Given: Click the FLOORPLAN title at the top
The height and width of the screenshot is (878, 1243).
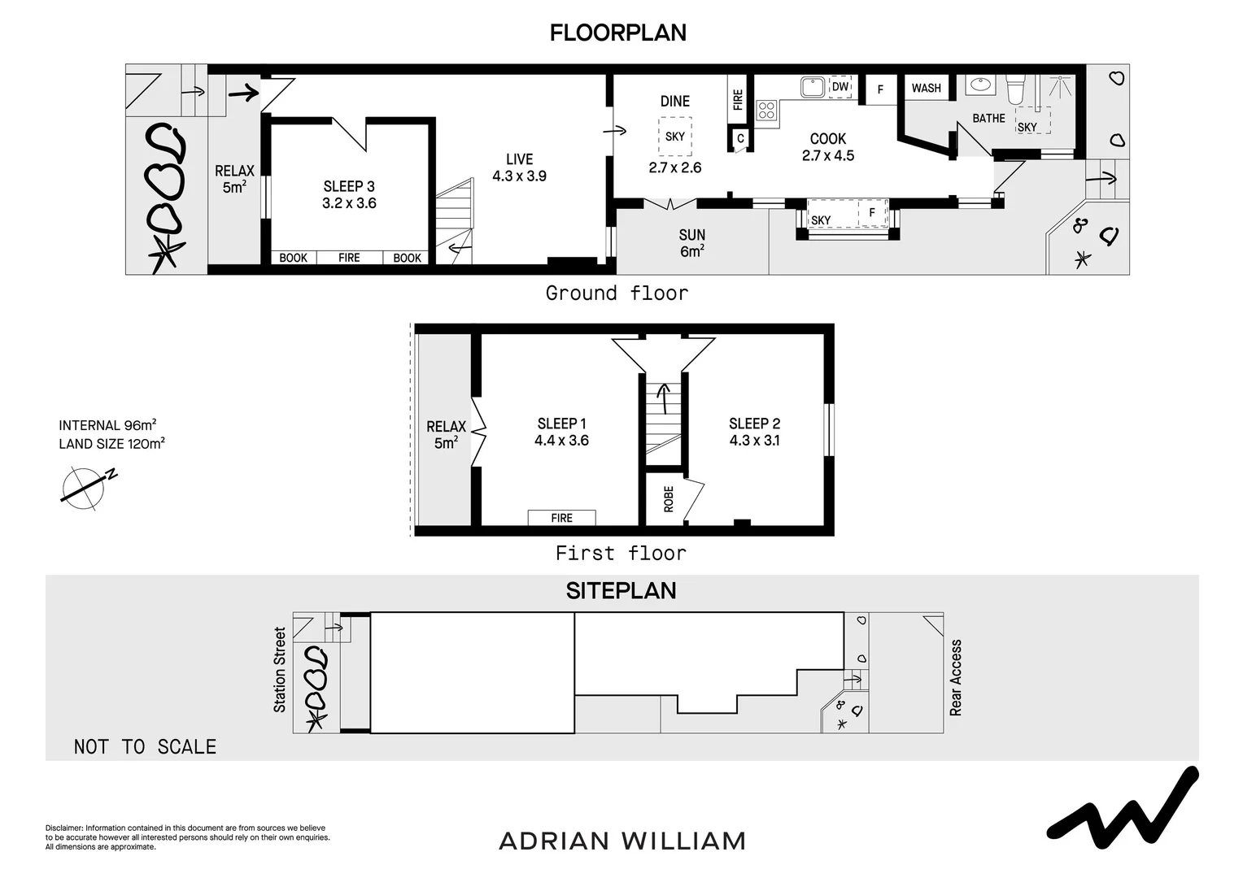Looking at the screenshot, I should pos(617,33).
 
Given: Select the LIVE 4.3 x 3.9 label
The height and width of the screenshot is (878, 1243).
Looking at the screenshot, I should pos(519,167).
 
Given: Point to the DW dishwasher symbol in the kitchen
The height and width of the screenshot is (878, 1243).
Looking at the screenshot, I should pos(840,87).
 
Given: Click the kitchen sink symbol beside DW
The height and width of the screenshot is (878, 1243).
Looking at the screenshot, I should pos(811,86).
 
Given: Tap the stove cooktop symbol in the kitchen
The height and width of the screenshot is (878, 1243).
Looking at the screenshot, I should pos(766,111).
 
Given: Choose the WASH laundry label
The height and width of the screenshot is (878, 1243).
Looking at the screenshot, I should pos(926,88).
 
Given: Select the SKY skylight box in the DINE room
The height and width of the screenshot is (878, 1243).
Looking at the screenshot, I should pos(674,136).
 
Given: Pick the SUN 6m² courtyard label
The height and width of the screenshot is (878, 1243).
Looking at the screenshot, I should pos(691,243).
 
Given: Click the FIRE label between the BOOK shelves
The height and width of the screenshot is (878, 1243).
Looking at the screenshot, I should pos(349,258).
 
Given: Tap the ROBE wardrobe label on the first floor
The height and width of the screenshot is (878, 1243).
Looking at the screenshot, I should pos(669,498).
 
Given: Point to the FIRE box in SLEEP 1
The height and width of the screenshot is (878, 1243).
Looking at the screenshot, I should pos(561,518).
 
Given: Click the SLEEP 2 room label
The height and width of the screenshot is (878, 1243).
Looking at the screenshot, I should pos(754,432).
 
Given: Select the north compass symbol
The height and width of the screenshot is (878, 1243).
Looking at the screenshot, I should pos(85,488).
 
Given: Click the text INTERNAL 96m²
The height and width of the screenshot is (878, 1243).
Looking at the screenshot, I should pos(107,425).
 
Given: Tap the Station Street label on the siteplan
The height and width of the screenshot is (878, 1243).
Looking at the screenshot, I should pos(280,670).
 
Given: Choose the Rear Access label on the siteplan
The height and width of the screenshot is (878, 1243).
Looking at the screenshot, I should pos(956,677).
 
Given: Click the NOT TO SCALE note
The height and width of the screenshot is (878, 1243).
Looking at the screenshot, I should pos(145,747).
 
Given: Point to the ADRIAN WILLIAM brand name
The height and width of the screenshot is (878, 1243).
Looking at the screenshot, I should pos(621,841).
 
